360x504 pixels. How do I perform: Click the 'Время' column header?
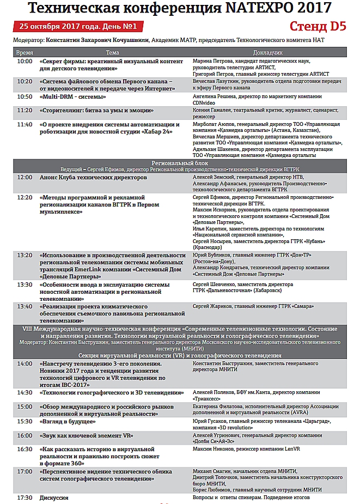coord(25,52)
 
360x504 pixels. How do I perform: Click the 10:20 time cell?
coord(25,81)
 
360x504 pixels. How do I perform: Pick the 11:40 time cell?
coord(25,124)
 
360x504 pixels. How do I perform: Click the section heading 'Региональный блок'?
coord(180,163)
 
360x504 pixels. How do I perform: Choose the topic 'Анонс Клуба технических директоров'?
coord(93,178)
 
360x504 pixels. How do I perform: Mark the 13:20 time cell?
coord(25,255)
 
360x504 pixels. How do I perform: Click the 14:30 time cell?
coord(25,392)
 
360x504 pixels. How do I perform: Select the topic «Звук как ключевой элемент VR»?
coord(87,435)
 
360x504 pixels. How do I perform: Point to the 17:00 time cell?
coord(25,471)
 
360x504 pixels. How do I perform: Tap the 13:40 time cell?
coord(25,306)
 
